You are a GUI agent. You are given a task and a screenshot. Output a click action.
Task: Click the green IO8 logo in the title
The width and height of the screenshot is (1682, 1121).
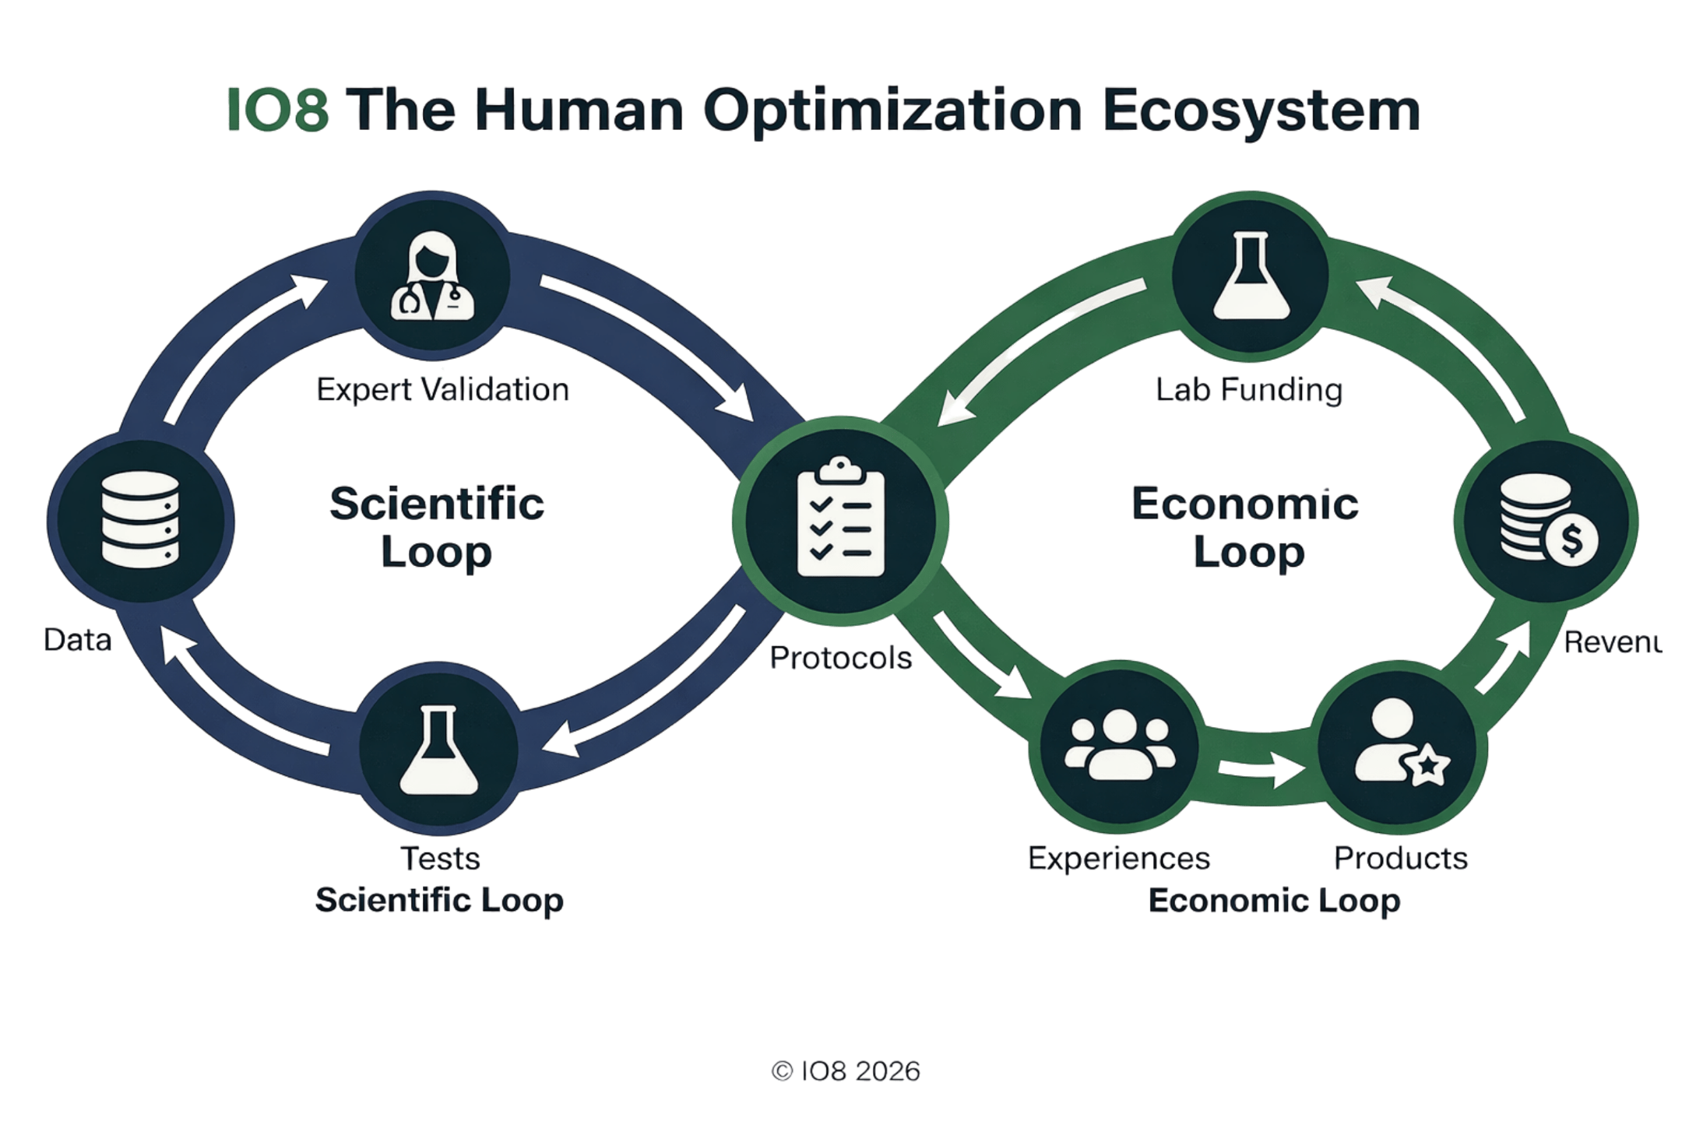276,111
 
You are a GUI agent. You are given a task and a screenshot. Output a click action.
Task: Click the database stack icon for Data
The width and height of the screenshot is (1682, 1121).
140,519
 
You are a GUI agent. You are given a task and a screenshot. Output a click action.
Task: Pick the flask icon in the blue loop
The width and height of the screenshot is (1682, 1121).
439,750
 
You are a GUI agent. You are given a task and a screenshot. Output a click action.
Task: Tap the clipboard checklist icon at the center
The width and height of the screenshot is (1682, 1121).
840,518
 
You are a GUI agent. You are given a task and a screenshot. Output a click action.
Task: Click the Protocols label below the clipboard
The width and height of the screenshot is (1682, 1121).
841,659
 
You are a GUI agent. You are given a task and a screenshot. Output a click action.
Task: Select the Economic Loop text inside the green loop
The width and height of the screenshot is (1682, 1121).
1244,528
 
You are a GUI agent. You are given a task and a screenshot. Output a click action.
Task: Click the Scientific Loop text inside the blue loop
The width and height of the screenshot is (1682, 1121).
437,528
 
